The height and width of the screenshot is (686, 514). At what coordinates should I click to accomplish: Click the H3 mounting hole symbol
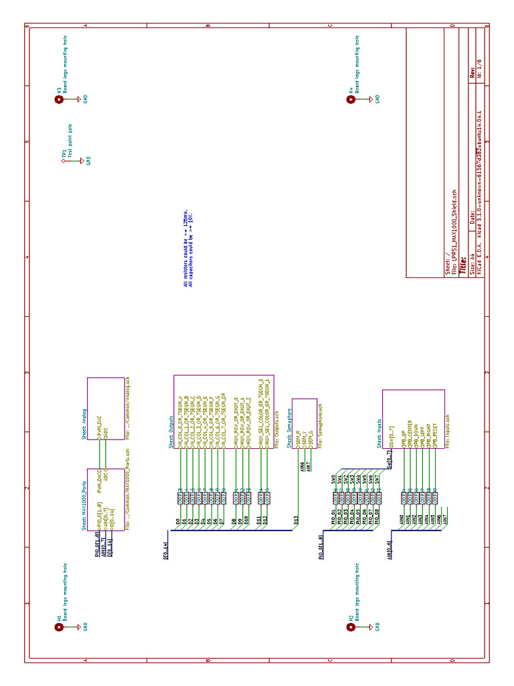tap(59, 99)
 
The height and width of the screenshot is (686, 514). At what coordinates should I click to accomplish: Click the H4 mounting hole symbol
tap(350, 99)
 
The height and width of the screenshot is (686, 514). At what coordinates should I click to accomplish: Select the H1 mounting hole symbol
tap(59, 627)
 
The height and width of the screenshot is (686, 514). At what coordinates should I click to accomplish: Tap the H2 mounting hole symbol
tap(350, 627)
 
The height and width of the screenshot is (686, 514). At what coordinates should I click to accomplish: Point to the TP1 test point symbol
tap(64, 161)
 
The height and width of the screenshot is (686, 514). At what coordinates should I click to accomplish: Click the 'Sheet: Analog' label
tap(84, 423)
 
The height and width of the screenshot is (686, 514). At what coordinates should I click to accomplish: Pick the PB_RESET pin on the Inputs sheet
tap(434, 435)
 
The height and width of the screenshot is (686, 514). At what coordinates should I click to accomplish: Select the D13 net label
tap(296, 518)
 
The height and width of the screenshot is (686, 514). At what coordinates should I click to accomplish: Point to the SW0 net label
tap(333, 479)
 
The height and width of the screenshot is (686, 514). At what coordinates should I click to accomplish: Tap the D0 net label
tap(178, 521)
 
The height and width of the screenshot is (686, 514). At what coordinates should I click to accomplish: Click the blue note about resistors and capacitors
tap(187, 248)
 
